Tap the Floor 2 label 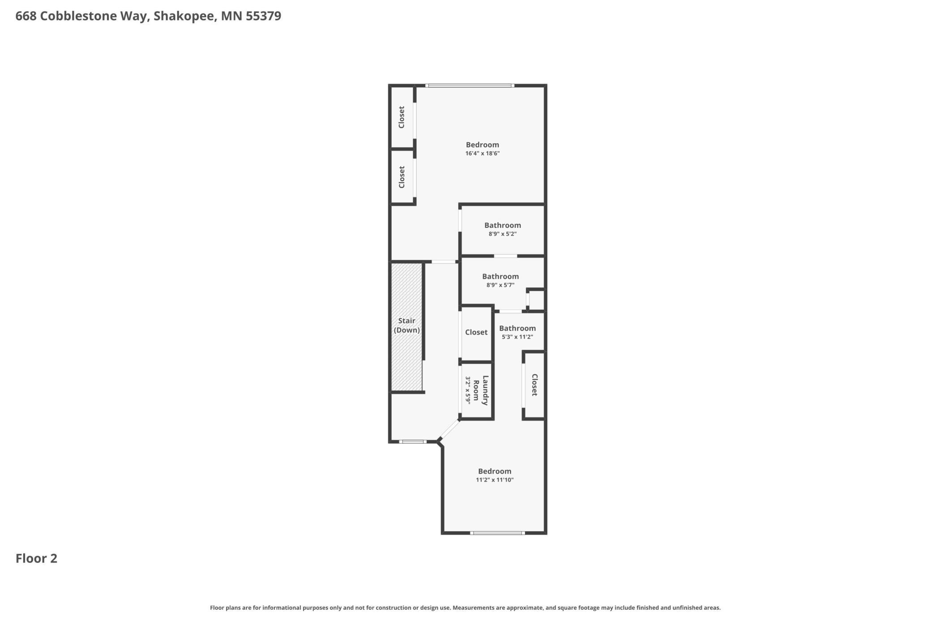tap(36, 558)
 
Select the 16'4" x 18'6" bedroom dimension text tap(483, 153)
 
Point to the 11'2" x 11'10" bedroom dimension tap(495, 480)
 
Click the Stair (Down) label tap(407, 325)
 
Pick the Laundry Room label tap(481, 390)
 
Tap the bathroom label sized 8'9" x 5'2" tap(503, 225)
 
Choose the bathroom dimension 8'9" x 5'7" tap(500, 285)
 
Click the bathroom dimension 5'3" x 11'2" tap(517, 337)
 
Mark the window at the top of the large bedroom tap(470, 85)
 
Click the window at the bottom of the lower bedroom tap(497, 533)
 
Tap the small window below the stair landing tap(413, 442)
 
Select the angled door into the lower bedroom tap(449, 430)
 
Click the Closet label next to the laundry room tap(476, 332)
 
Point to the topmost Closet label tap(401, 117)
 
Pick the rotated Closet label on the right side tap(534, 385)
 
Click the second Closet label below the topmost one tap(401, 177)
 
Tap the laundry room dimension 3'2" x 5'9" tap(468, 390)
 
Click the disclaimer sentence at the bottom tap(465, 608)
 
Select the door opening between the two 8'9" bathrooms tap(505, 256)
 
